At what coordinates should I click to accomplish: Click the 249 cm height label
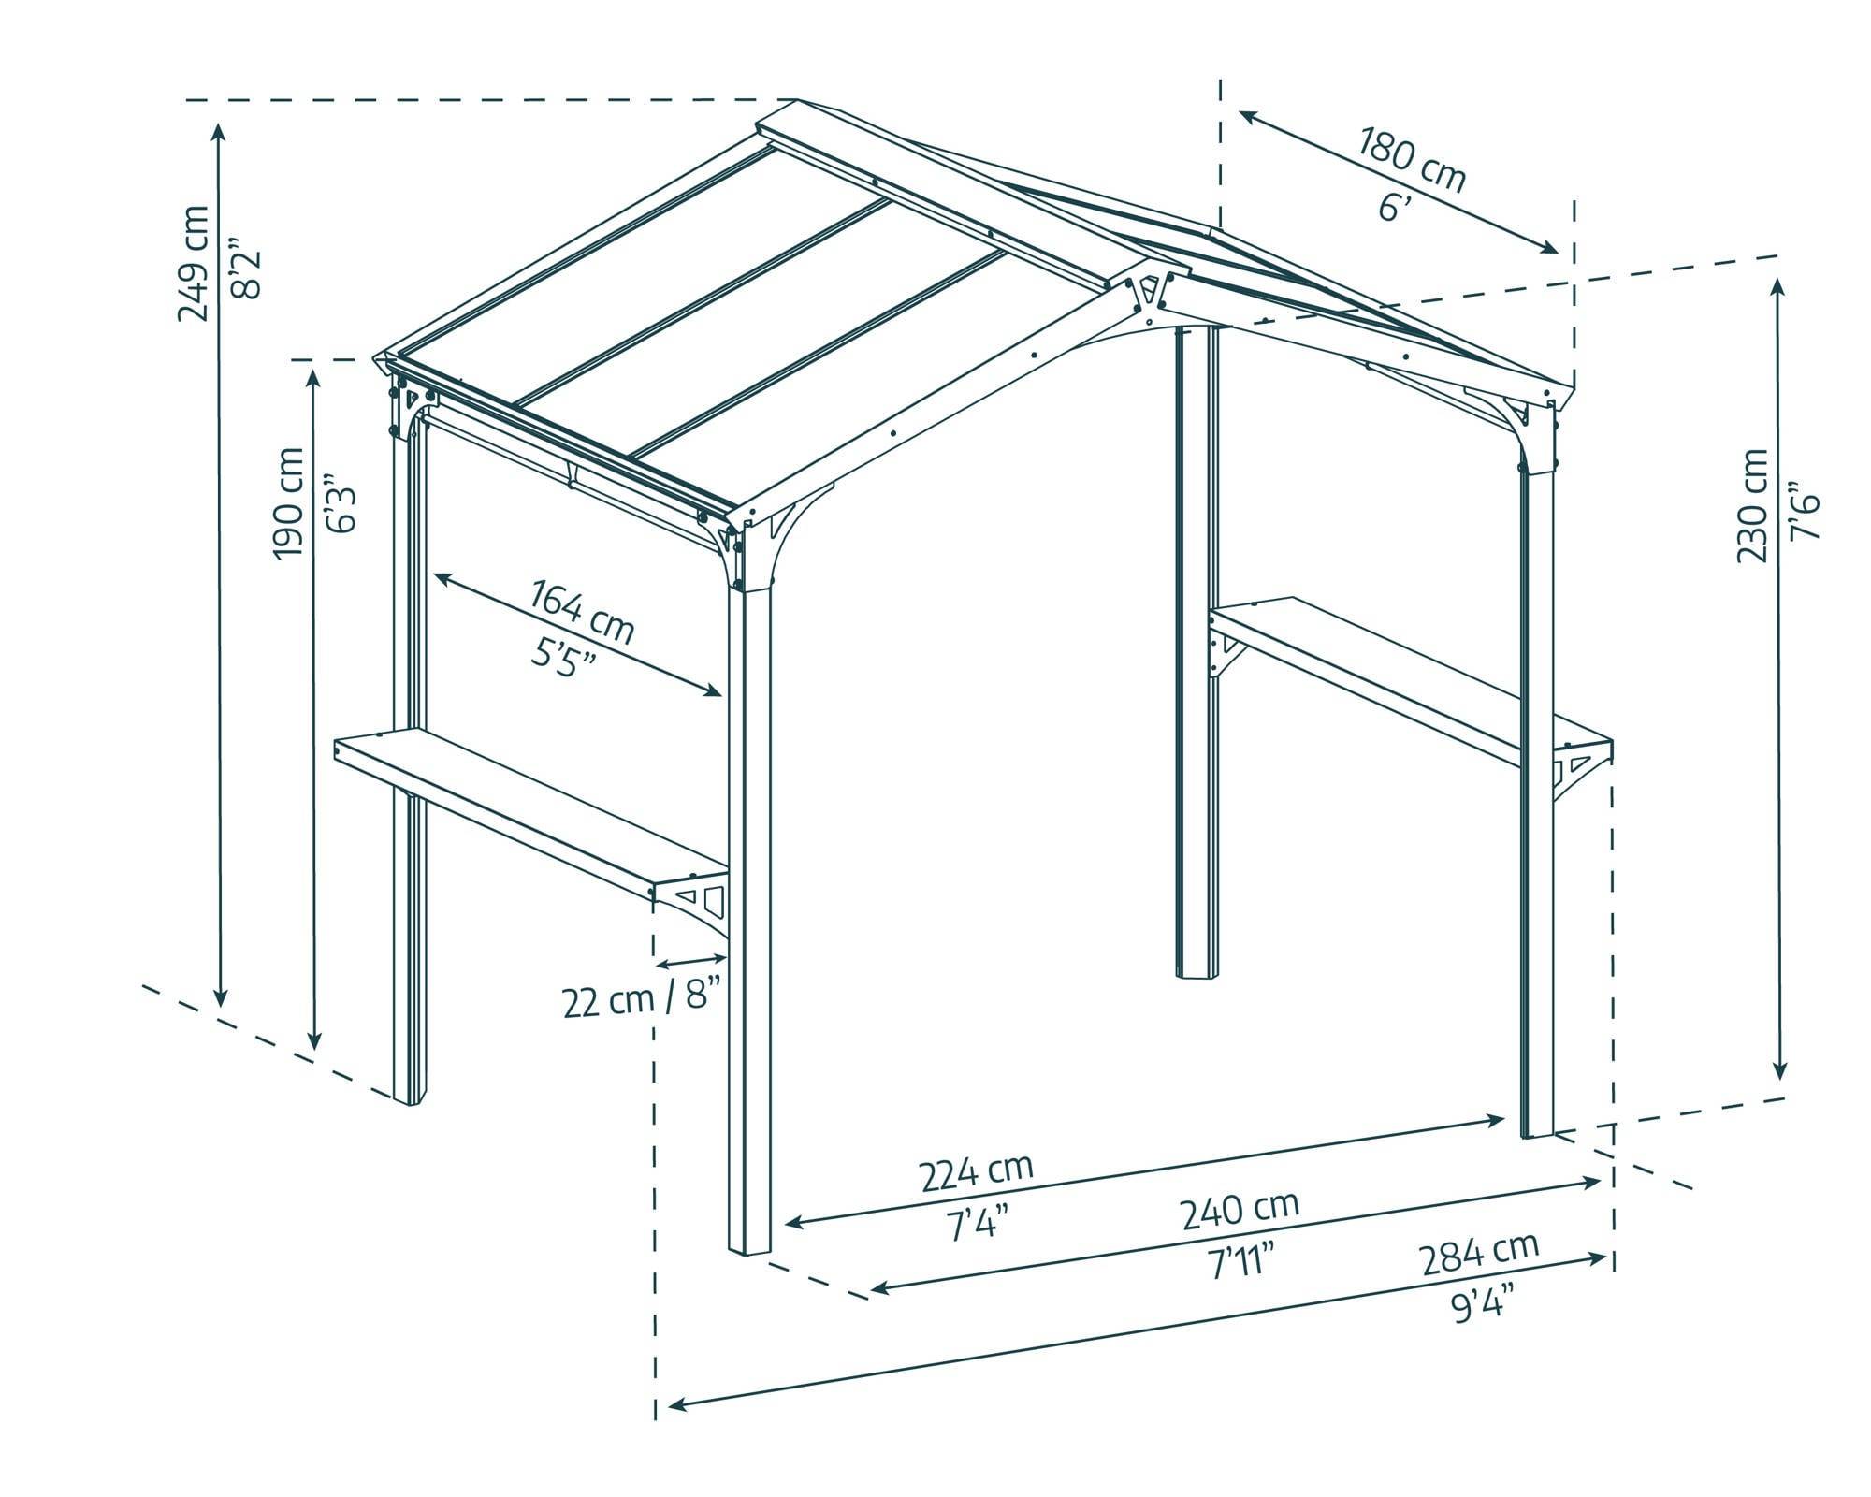(194, 263)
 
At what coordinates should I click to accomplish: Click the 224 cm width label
(977, 1172)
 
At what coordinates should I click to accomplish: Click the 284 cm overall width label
(1479, 1255)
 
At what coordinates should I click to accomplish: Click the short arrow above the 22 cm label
(692, 960)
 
